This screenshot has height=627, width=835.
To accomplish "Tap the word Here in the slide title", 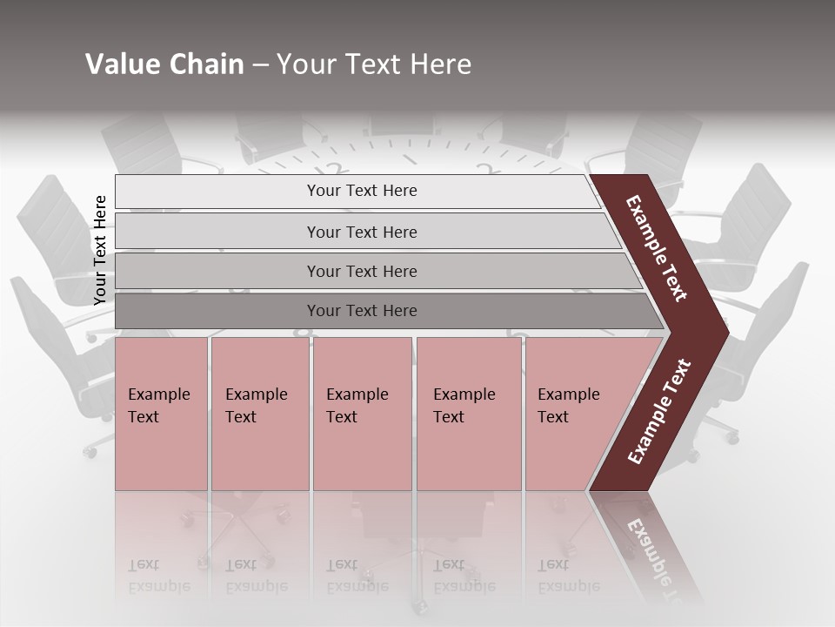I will click(439, 64).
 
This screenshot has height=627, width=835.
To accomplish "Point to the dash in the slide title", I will click(260, 65).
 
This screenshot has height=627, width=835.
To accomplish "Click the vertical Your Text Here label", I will click(100, 250).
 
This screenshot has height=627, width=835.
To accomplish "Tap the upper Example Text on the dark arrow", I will click(657, 248).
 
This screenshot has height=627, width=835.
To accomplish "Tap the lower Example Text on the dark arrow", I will click(659, 411).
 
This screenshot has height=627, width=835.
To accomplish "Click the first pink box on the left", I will click(161, 435).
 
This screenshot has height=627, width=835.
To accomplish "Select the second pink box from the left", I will click(259, 435).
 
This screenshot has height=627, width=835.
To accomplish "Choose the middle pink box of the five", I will click(362, 435).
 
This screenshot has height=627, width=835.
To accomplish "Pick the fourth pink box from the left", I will click(469, 435).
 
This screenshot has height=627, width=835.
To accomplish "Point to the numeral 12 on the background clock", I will click(331, 171).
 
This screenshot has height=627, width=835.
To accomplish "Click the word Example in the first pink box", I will click(158, 394).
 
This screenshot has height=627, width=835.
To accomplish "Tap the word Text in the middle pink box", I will click(342, 417).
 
